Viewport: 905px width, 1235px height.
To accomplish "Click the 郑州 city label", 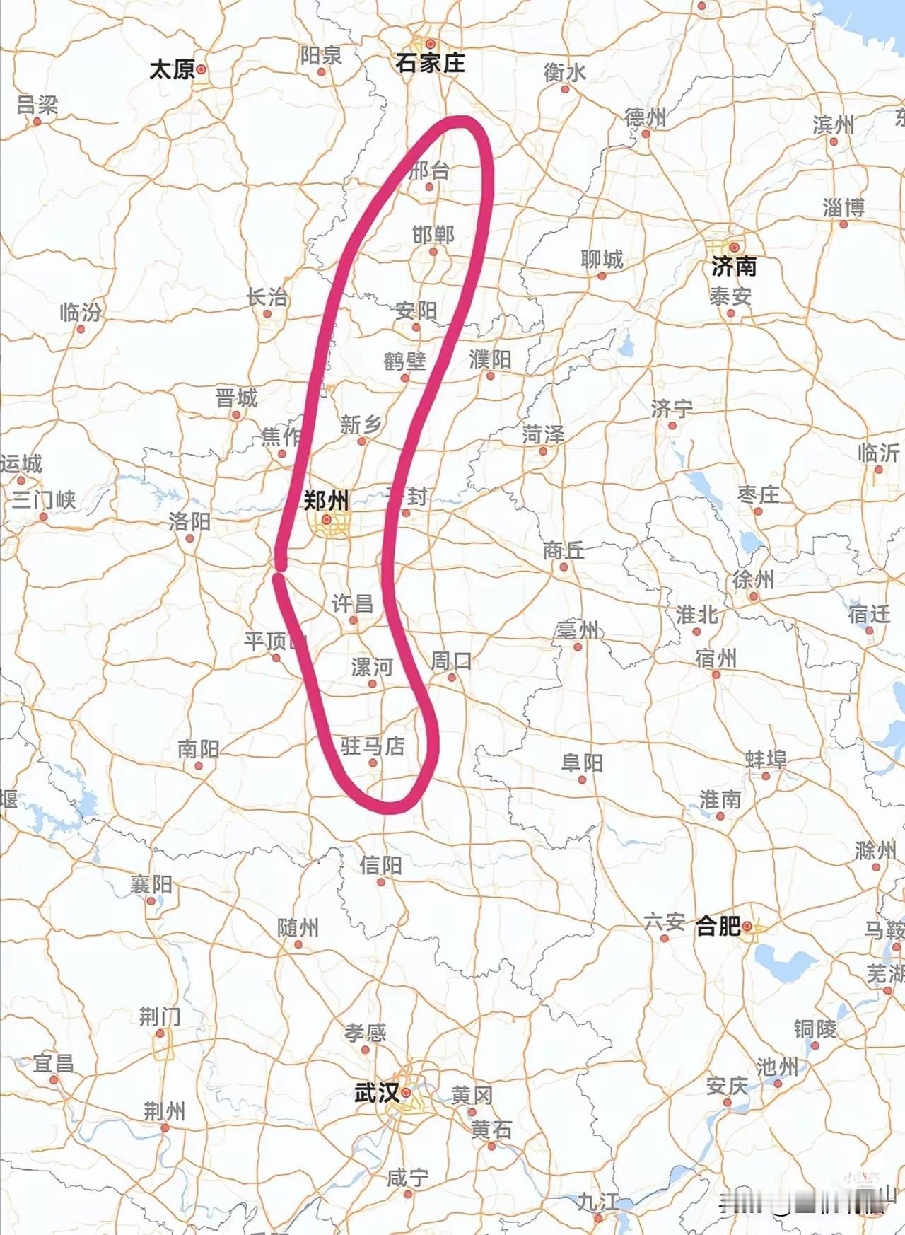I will click(326, 501).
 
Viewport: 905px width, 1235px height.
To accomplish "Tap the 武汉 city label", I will click(377, 1093).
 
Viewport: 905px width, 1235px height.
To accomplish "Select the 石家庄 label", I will click(430, 63).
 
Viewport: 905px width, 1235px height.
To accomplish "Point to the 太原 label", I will click(172, 69).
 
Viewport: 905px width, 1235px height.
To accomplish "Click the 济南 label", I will click(734, 266).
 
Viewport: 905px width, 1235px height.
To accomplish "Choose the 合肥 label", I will click(718, 925).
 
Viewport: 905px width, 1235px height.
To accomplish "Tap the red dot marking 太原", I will click(201, 69).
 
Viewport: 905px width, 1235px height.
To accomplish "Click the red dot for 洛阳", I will click(189, 538).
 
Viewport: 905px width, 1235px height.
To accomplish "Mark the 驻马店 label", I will click(373, 746).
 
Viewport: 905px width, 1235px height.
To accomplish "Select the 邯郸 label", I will click(433, 234).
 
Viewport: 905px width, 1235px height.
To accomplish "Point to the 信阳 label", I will click(380, 864).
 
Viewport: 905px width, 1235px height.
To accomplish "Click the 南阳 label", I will click(198, 748).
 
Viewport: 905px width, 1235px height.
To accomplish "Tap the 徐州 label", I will click(753, 579).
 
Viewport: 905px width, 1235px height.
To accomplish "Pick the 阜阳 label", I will click(582, 763).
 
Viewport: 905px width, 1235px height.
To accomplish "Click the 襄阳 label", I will click(151, 883).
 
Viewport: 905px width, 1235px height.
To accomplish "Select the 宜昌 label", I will click(53, 1063).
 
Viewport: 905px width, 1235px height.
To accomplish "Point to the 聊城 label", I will click(602, 260).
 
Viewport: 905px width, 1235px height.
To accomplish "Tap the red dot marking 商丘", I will click(564, 567).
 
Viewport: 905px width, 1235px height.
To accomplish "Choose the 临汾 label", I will click(80, 312).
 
